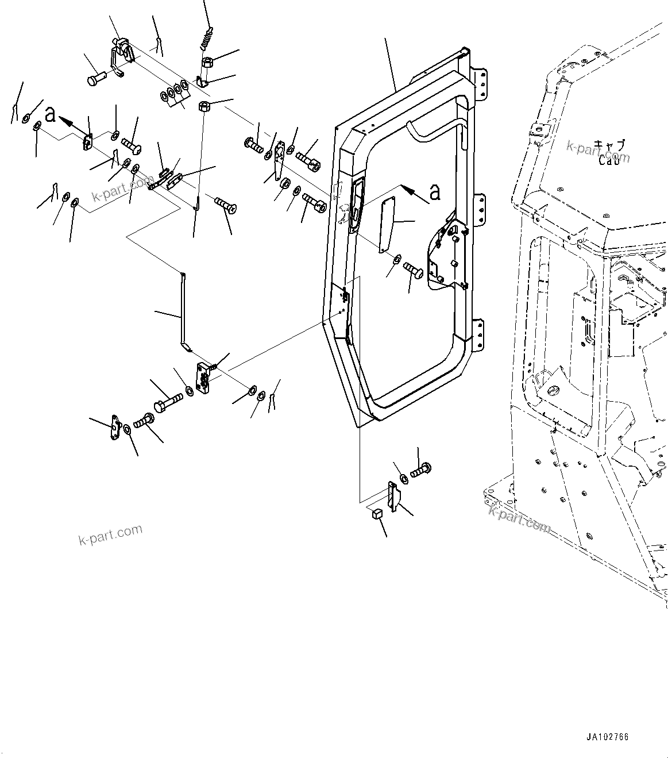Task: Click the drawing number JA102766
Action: click(x=607, y=736)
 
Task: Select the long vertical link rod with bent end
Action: click(x=183, y=310)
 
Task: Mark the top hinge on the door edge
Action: click(x=481, y=83)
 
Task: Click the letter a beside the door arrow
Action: click(x=435, y=192)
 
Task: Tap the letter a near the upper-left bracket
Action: click(x=51, y=114)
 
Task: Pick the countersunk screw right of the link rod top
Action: click(x=226, y=205)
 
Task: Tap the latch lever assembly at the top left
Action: click(x=122, y=57)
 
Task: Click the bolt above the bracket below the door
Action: click(x=420, y=470)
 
